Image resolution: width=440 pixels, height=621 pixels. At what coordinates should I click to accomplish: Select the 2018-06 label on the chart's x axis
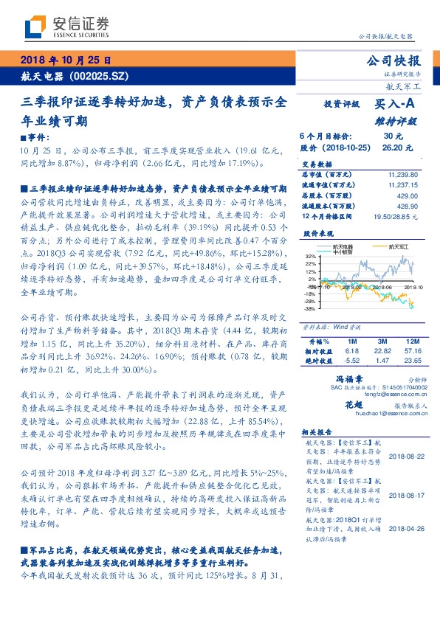381,288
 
